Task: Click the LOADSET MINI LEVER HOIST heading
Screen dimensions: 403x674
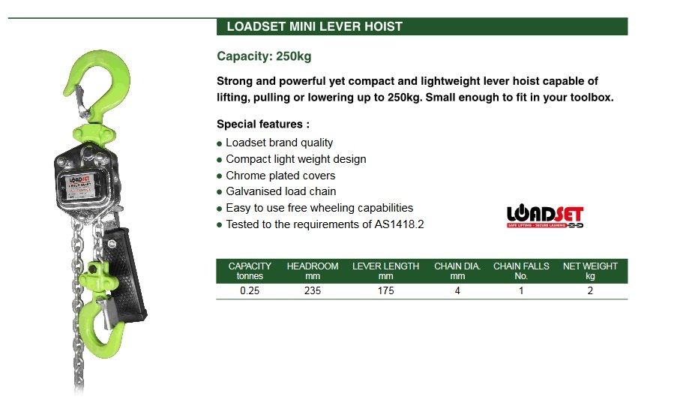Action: (x=310, y=27)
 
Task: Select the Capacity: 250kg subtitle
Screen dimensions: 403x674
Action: (x=263, y=56)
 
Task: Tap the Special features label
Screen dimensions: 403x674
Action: (x=262, y=125)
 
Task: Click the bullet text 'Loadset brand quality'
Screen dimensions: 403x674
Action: (x=279, y=143)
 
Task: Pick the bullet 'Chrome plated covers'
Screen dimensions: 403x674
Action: (x=280, y=176)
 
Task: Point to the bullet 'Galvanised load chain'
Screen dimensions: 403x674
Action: (x=280, y=192)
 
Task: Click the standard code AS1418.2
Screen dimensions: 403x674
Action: (x=399, y=224)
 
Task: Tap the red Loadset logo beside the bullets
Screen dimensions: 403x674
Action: (x=545, y=215)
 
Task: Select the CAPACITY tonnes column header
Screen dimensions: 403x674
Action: (x=250, y=271)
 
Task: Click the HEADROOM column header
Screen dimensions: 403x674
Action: (x=313, y=271)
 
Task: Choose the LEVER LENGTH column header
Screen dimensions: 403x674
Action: (x=385, y=271)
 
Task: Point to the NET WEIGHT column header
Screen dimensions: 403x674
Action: (x=590, y=271)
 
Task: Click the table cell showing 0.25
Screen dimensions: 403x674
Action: (x=250, y=291)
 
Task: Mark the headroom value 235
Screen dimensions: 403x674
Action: (x=313, y=291)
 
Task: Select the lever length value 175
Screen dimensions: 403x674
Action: (x=385, y=291)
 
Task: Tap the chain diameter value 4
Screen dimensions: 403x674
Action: (x=457, y=291)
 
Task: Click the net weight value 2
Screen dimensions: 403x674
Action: (x=590, y=291)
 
